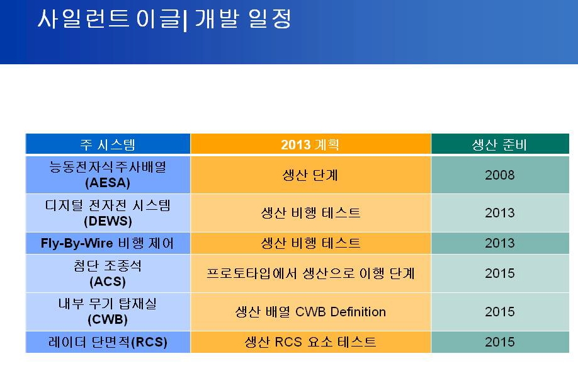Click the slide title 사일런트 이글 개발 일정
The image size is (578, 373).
click(165, 19)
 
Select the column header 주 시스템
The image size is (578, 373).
click(108, 145)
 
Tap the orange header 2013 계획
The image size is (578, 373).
click(310, 145)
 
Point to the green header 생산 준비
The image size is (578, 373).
click(499, 145)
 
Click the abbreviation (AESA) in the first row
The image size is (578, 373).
click(108, 183)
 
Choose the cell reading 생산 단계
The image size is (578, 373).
click(310, 175)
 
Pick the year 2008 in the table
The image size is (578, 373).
click(499, 175)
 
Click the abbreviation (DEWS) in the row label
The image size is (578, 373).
click(108, 221)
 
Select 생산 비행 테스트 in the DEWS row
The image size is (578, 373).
click(310, 213)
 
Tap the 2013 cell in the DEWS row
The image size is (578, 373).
click(499, 213)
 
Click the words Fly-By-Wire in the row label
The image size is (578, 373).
click(77, 243)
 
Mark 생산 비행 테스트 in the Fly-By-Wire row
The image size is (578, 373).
click(310, 243)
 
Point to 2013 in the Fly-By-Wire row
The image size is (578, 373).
click(499, 243)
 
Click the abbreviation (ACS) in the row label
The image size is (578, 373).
click(108, 282)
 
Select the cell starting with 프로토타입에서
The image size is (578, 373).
click(310, 273)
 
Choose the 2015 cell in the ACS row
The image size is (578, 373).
click(499, 273)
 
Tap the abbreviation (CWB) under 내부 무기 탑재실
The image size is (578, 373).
click(108, 319)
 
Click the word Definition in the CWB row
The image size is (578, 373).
click(358, 312)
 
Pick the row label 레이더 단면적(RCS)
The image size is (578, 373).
click(108, 342)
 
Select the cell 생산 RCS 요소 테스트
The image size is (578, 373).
click(310, 342)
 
